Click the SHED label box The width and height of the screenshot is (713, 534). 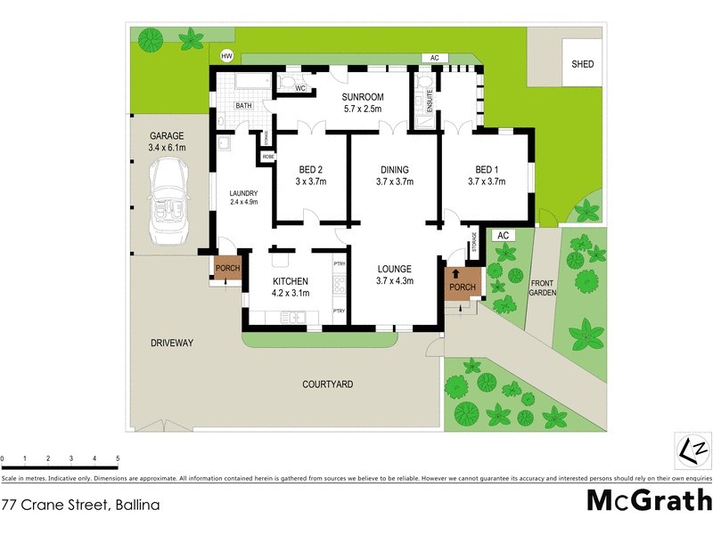coord(583,64)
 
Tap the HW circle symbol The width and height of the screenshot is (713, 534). coord(226,56)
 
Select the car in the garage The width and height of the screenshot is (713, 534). coord(168,203)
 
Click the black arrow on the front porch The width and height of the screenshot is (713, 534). coord(456,274)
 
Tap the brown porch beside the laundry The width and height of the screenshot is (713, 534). coord(226,268)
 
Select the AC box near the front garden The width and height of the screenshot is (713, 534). coord(503,235)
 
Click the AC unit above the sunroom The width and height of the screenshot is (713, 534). coord(434,58)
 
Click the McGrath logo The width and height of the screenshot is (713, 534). coord(649,500)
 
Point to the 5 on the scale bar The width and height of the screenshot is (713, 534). coord(118,459)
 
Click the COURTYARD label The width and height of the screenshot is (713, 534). coord(327,384)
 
